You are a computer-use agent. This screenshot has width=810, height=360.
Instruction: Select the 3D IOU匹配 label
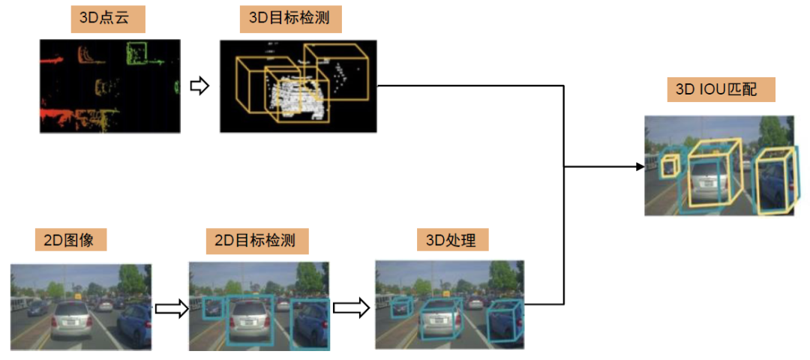click(720, 89)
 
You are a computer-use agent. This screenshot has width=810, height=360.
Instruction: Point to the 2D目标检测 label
click(255, 240)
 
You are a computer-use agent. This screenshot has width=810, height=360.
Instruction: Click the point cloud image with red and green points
click(109, 86)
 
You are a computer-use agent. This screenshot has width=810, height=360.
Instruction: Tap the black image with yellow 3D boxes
click(298, 86)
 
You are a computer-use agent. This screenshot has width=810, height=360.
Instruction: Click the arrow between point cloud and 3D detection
click(199, 86)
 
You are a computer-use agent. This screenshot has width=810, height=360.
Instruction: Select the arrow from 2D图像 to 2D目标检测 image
click(170, 308)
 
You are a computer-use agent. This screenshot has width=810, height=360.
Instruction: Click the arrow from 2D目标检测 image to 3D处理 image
click(351, 307)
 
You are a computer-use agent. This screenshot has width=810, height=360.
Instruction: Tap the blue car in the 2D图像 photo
click(136, 322)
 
